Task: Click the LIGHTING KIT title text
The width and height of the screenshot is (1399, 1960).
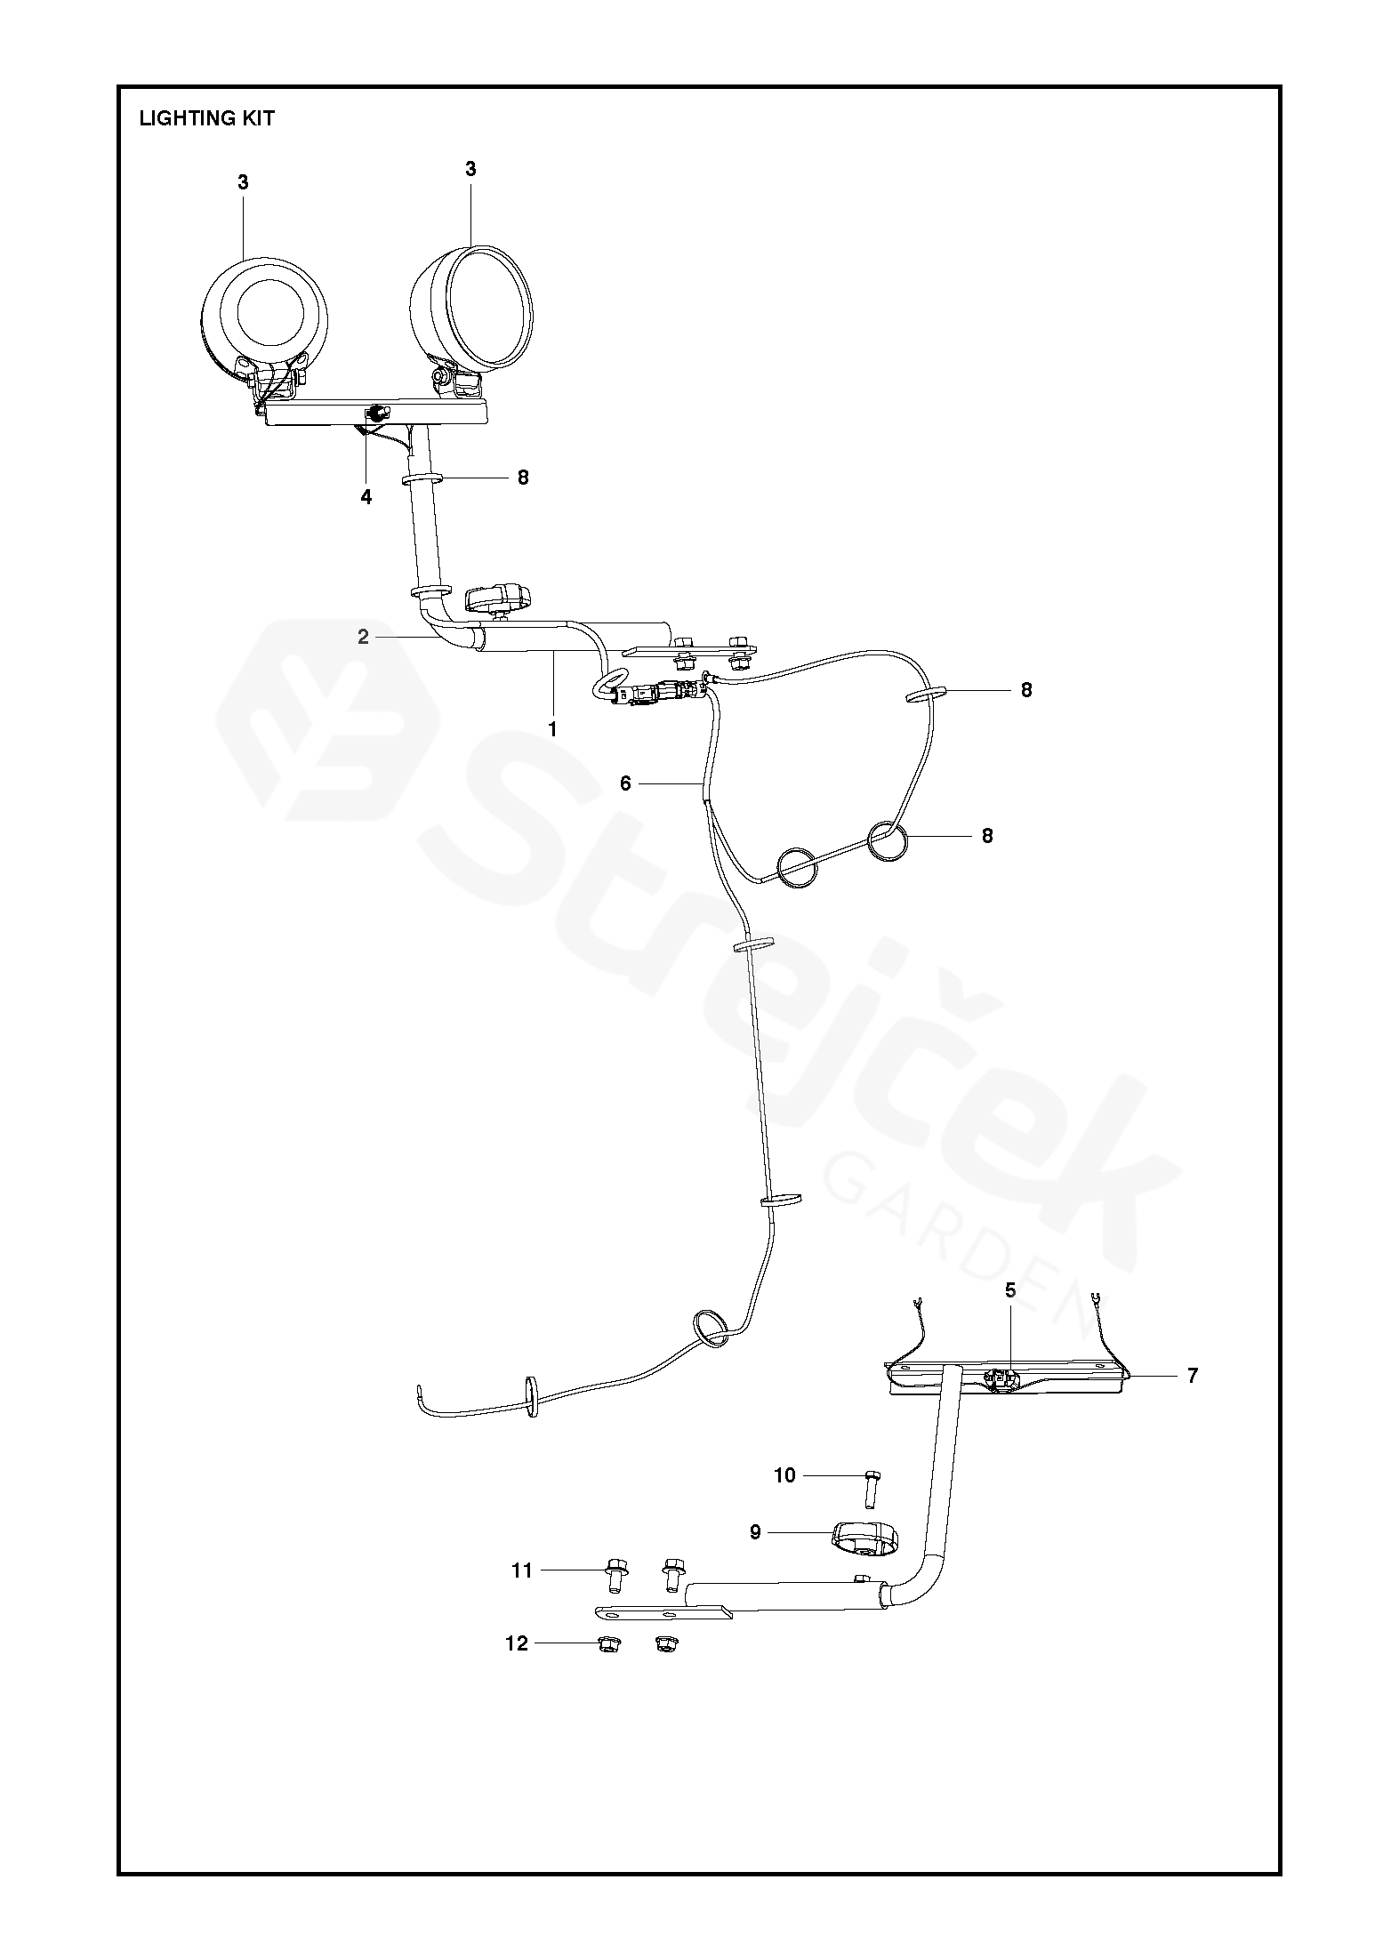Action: (x=206, y=118)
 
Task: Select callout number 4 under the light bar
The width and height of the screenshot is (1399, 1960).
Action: (x=366, y=497)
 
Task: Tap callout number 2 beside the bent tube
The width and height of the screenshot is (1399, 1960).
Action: (x=363, y=637)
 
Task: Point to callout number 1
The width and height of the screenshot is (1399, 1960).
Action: (x=552, y=729)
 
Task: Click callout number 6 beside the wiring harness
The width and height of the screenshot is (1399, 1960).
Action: (x=625, y=783)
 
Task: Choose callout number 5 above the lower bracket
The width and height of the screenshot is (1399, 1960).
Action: (x=1010, y=1290)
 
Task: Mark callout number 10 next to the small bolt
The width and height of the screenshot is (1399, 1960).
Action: (x=784, y=1475)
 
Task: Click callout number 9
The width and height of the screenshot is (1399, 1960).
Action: (x=755, y=1532)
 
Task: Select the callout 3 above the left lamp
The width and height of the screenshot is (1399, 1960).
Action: (x=243, y=182)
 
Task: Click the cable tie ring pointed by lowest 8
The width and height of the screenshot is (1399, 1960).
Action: (x=888, y=839)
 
